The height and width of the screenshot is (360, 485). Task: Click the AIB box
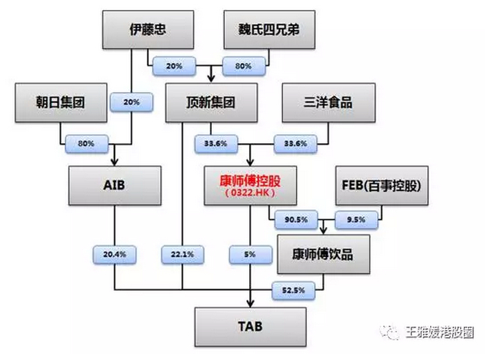click(x=115, y=185)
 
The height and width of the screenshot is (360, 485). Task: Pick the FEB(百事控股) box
click(x=380, y=185)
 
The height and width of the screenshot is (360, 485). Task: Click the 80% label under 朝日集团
click(x=83, y=143)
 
